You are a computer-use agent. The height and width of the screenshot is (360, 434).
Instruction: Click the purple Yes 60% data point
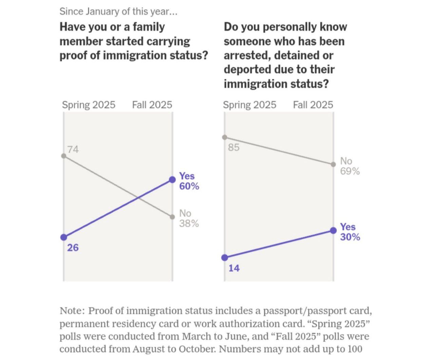pyautogui.click(x=172, y=179)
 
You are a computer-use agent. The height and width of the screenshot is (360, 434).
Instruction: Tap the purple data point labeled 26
pyautogui.click(x=63, y=237)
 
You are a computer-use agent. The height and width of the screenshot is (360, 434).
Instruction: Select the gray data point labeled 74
pyautogui.click(x=63, y=156)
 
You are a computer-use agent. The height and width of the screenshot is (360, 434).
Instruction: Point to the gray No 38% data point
pyautogui.click(x=172, y=216)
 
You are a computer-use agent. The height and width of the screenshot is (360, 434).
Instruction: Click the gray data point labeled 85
pyautogui.click(x=224, y=137)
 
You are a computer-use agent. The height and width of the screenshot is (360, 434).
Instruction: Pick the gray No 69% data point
pyautogui.click(x=333, y=164)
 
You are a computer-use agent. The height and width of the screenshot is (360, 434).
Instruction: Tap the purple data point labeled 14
pyautogui.click(x=224, y=258)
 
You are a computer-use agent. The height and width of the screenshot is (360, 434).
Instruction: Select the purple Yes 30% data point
pyautogui.click(x=333, y=231)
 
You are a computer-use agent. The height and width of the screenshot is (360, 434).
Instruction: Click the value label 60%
pyautogui.click(x=189, y=186)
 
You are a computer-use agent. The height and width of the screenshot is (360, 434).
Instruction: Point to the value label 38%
pyautogui.click(x=189, y=224)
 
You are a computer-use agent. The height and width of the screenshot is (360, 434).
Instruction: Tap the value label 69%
pyautogui.click(x=350, y=171)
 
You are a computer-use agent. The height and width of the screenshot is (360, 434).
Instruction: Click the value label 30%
pyautogui.click(x=350, y=237)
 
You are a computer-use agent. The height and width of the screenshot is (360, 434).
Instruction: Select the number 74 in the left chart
pyautogui.click(x=73, y=149)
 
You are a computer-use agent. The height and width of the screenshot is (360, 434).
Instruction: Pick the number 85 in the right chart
pyautogui.click(x=234, y=147)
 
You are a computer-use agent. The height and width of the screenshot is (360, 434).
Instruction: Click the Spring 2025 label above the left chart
pyautogui.click(x=89, y=105)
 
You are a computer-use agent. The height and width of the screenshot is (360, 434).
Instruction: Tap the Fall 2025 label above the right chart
pyautogui.click(x=313, y=105)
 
